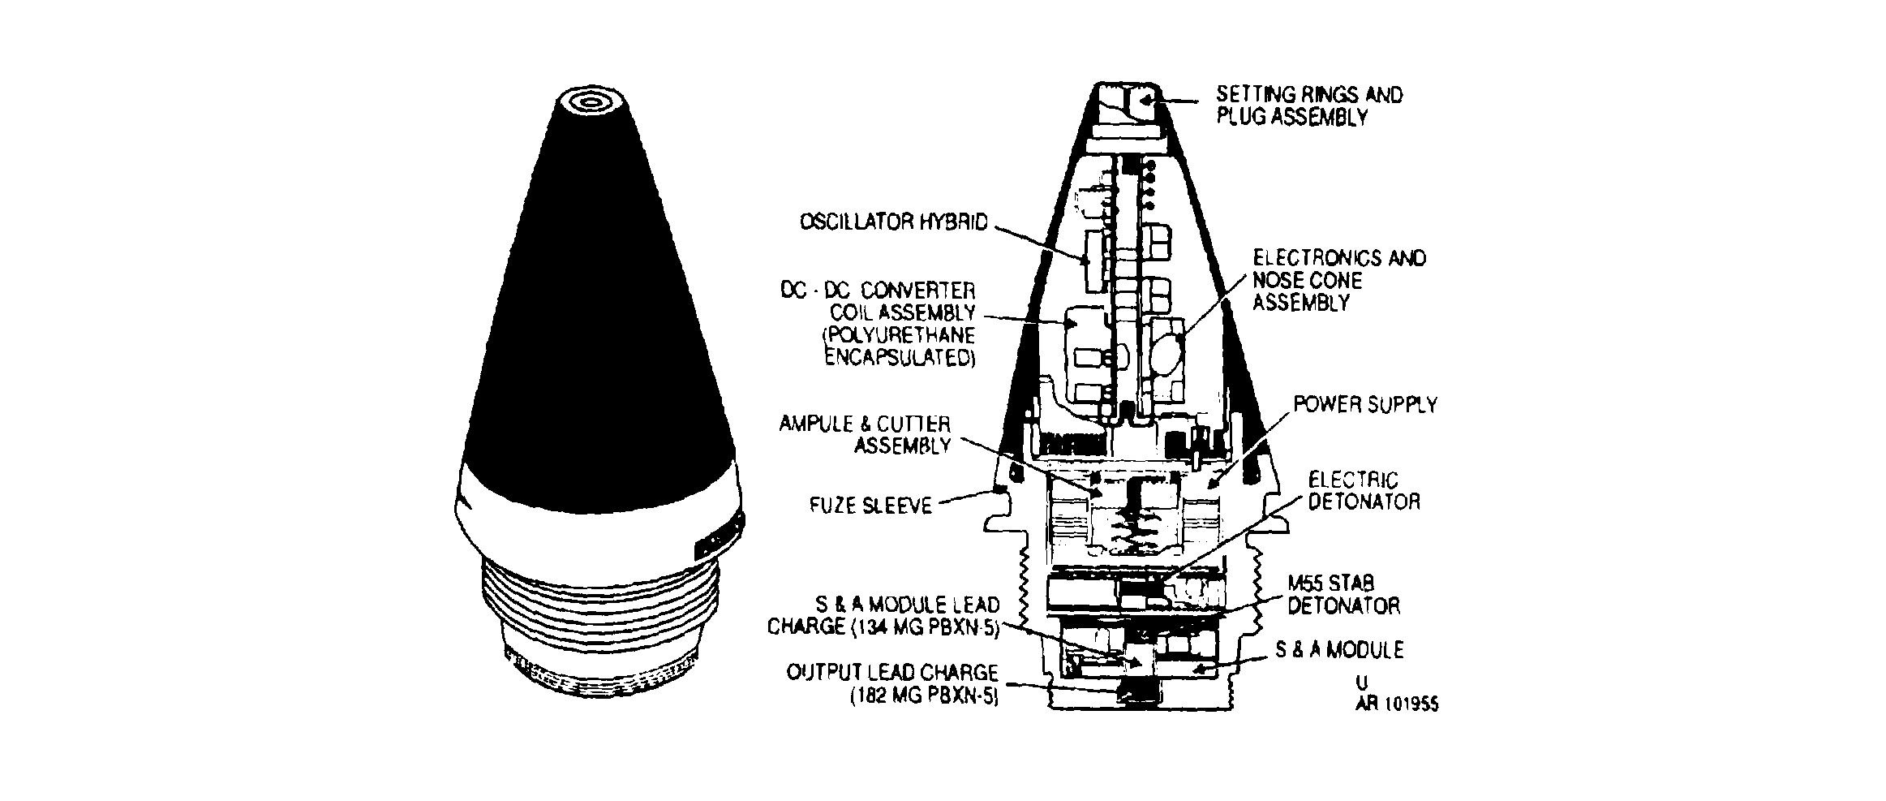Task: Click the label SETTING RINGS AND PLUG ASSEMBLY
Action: [1308, 106]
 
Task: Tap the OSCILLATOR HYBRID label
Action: [895, 222]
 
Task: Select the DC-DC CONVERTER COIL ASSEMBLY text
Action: [879, 301]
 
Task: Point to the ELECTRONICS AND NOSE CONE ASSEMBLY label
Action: [1339, 280]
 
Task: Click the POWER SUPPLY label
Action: [1365, 404]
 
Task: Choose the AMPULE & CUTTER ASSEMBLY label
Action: [865, 434]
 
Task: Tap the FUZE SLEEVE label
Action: [870, 506]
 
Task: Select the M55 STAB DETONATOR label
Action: [1343, 595]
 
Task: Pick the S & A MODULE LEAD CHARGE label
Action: [883, 615]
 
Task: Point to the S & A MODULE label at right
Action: [1339, 650]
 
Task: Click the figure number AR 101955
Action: [1397, 704]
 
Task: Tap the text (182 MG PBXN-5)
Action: [924, 696]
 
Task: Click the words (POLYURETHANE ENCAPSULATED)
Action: [900, 347]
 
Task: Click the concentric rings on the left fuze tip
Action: [590, 103]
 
